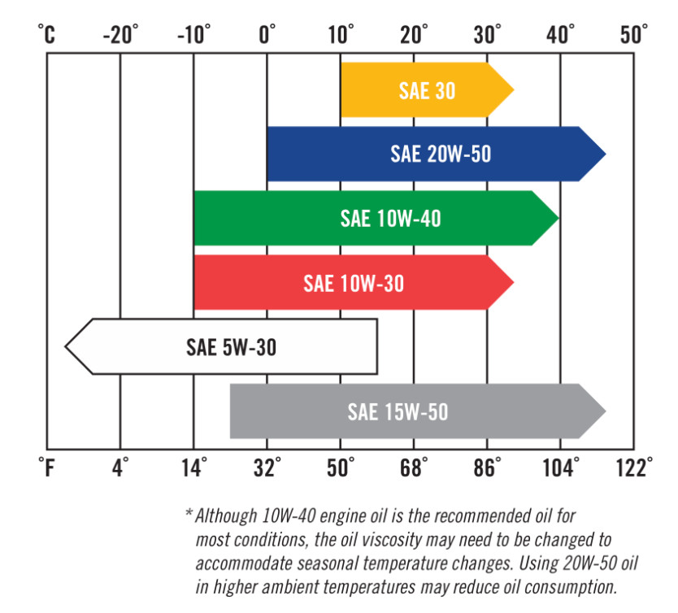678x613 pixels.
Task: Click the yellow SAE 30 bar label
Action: [427, 90]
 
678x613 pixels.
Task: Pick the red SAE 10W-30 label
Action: [354, 283]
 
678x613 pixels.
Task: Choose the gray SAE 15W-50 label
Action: [398, 411]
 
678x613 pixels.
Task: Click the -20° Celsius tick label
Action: [120, 36]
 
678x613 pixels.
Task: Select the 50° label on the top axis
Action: [633, 36]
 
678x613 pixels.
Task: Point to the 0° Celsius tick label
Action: [267, 36]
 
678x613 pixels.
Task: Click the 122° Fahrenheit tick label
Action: [633, 467]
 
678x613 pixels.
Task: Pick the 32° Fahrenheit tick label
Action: [267, 467]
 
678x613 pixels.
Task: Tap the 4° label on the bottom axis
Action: [120, 467]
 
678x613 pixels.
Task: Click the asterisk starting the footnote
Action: [189, 515]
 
